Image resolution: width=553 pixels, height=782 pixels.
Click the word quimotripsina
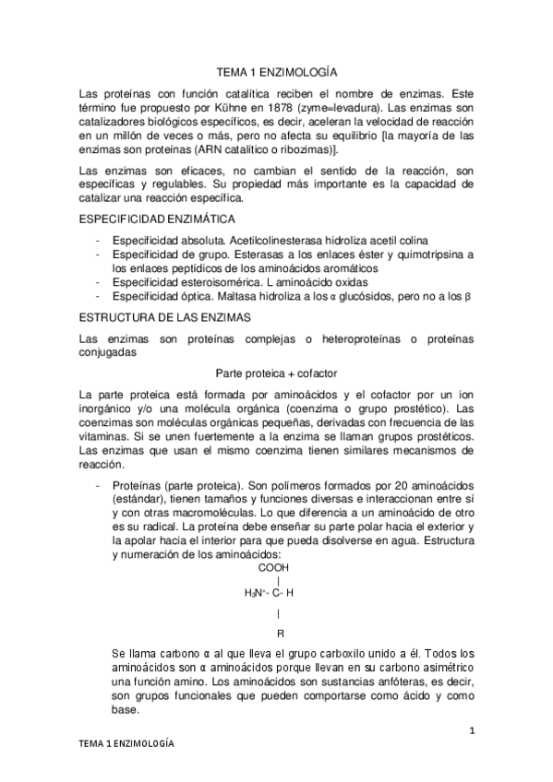click(426, 255)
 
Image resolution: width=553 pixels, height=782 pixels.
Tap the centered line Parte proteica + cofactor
click(276, 373)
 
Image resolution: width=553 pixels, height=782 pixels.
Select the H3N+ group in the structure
click(256, 593)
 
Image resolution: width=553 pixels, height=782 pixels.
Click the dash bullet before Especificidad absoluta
click(98, 241)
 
